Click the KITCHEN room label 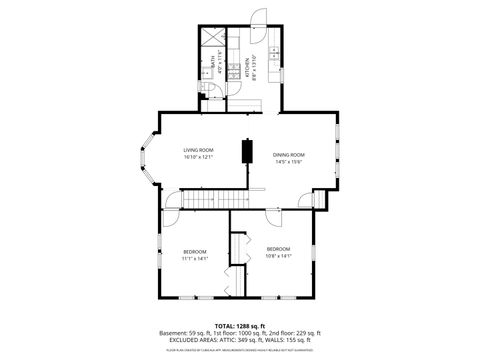pyautogui.click(x=247, y=67)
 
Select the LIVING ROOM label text pyautogui.click(x=198, y=149)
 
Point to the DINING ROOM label pyautogui.click(x=289, y=154)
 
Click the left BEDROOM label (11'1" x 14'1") pyautogui.click(x=194, y=250)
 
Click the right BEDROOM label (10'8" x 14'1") pyautogui.click(x=278, y=248)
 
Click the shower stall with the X pyautogui.click(x=211, y=38)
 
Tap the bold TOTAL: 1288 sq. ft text pyautogui.click(x=240, y=326)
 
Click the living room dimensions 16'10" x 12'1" pyautogui.click(x=198, y=157)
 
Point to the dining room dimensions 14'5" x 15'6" pyautogui.click(x=289, y=162)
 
